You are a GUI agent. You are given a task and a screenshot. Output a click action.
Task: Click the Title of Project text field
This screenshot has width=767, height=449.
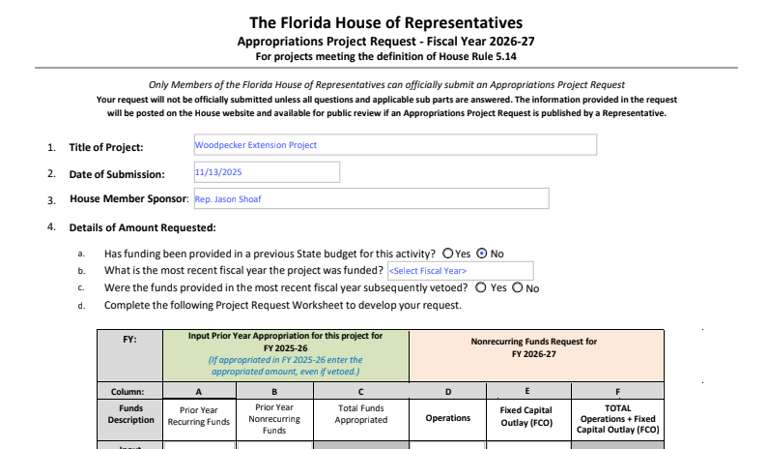coord(394,145)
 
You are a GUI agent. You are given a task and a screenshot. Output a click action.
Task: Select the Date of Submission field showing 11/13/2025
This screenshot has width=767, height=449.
coord(266,172)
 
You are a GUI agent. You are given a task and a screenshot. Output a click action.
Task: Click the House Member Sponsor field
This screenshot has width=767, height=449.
coord(370,199)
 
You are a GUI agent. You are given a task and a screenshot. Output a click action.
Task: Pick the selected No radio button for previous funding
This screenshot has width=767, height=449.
coord(483,254)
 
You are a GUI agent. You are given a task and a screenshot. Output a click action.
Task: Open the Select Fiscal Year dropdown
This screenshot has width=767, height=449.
coord(459,271)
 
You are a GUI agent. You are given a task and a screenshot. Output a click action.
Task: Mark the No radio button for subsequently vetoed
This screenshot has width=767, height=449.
coord(518,288)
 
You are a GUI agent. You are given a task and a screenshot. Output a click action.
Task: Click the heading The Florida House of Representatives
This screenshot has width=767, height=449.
coord(385,22)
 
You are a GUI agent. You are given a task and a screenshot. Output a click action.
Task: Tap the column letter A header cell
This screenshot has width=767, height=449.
coord(199,392)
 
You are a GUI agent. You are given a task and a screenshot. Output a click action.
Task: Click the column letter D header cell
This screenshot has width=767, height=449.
coord(447,392)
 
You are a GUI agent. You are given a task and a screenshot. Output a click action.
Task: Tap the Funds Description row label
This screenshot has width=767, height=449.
coord(130,414)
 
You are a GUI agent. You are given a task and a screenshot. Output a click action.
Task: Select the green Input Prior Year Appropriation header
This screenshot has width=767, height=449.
coord(284,354)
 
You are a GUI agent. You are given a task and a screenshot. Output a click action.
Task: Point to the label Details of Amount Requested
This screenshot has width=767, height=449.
coord(142,227)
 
